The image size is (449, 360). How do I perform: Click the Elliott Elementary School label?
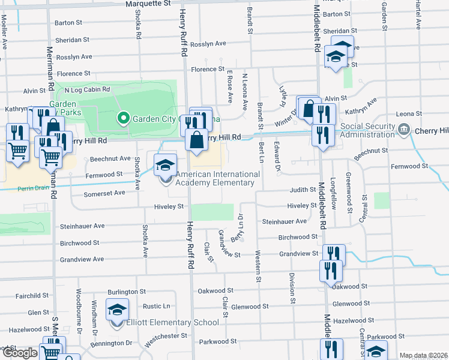(172, 323)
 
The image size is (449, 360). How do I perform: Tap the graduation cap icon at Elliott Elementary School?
(118, 310)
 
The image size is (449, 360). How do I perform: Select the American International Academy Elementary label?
(218, 178)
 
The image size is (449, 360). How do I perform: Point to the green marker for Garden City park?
(124, 118)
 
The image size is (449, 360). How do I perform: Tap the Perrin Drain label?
(31, 187)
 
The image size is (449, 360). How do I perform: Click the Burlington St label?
(127, 292)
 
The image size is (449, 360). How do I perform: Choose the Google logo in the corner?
(20, 353)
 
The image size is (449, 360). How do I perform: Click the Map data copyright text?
(424, 356)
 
